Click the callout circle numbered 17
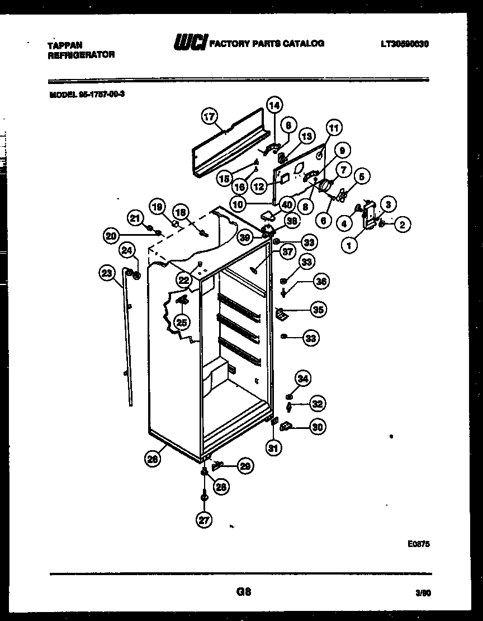pyautogui.click(x=209, y=117)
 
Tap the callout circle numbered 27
pyautogui.click(x=204, y=520)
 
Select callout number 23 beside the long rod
pyautogui.click(x=107, y=273)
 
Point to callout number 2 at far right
pyautogui.click(x=402, y=225)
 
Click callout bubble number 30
pyautogui.click(x=318, y=427)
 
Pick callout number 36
pyautogui.click(x=321, y=282)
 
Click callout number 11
pyautogui.click(x=333, y=128)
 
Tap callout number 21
pyautogui.click(x=135, y=217)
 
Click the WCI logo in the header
pyautogui.click(x=190, y=43)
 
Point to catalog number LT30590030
pyautogui.click(x=405, y=44)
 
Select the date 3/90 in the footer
pyautogui.click(x=423, y=593)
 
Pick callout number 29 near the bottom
pyautogui.click(x=244, y=465)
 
